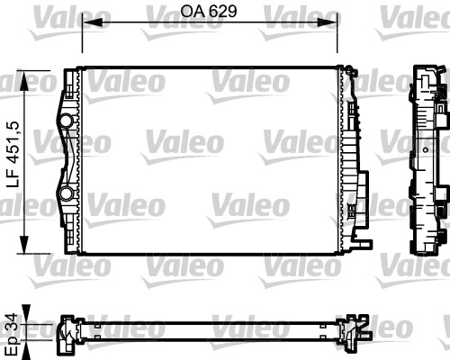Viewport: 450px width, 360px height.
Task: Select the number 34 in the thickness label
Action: coord(11,318)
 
